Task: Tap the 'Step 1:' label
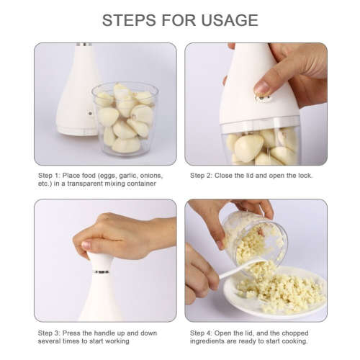tap(50, 175)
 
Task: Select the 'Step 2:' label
tap(202, 175)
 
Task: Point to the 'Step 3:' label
tap(50, 333)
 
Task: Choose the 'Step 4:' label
tap(202, 333)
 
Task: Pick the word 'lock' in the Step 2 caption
tap(306, 175)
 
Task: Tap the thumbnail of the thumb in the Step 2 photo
tap(261, 88)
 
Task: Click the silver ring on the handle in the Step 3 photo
tap(102, 271)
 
